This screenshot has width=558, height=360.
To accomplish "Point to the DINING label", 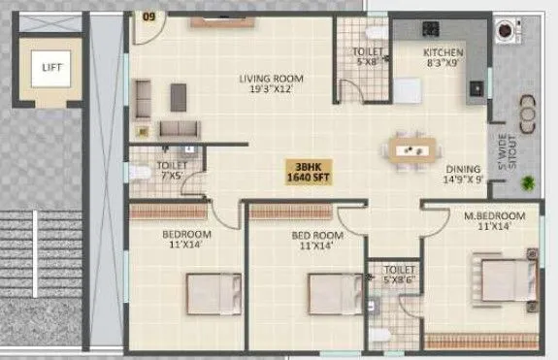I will pyautogui.click(x=463, y=173).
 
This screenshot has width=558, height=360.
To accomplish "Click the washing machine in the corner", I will pyautogui.click(x=507, y=30).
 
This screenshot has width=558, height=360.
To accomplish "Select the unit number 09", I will pyautogui.click(x=148, y=16).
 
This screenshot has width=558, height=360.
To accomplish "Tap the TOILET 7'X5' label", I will pyautogui.click(x=148, y=171).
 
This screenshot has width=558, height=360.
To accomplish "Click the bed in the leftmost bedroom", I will pyautogui.click(x=213, y=294).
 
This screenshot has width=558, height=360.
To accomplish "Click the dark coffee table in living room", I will pyautogui.click(x=179, y=95).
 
